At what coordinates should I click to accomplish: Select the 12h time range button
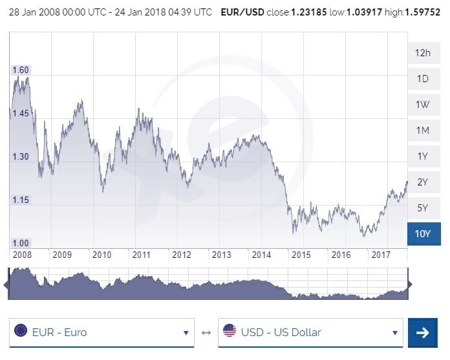point(423,53)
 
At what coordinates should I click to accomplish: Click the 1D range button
point(423,79)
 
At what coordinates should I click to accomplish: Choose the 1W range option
point(423,105)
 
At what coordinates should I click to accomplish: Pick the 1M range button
point(423,131)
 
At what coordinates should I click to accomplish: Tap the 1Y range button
point(423,156)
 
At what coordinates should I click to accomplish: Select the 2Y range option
point(423,182)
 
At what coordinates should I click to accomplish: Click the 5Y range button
point(423,208)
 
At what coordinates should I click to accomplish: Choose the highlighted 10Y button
point(423,233)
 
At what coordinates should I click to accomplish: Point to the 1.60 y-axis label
point(21,70)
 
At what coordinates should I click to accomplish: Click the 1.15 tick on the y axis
point(21,200)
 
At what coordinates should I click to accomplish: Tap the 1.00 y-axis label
point(21,242)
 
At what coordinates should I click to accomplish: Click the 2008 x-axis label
point(22,255)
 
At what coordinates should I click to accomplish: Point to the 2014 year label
point(261,255)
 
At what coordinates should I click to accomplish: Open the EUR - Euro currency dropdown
point(103,333)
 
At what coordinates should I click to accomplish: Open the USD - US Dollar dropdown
point(310,333)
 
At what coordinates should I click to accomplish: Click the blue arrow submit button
point(422,333)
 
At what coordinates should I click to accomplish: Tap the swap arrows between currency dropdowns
point(206,333)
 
